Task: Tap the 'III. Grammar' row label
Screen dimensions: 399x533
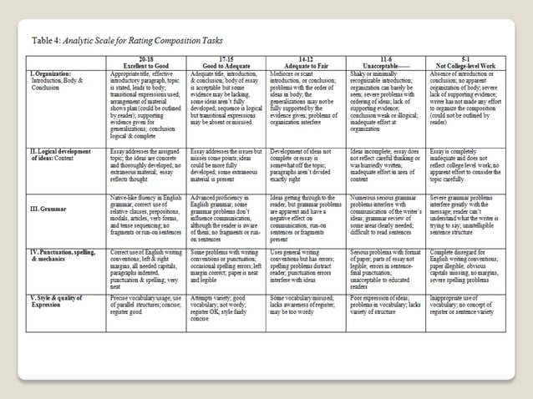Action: (51, 208)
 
